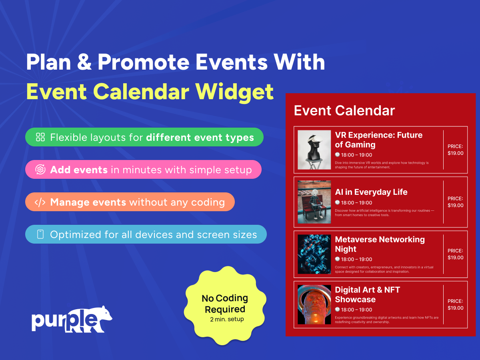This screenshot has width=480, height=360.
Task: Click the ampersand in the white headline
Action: pos(84,62)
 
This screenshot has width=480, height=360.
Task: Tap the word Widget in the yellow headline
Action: pos(234,92)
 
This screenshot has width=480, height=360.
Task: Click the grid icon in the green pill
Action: pos(40,137)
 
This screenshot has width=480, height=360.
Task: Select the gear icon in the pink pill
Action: pos(40,169)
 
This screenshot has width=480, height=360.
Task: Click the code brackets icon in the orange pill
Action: pos(40,202)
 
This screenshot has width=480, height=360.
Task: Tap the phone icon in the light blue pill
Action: pos(40,234)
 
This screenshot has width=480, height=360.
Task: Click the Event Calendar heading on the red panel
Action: pos(344,110)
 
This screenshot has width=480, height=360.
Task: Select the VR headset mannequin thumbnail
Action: pos(314,150)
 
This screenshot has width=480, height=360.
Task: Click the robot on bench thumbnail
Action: pos(314,202)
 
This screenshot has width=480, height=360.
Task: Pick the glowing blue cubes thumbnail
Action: pos(314,254)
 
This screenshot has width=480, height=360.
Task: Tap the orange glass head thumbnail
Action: pos(314,304)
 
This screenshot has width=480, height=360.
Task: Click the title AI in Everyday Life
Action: pos(371,192)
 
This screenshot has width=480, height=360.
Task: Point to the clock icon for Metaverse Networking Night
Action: pos(338,259)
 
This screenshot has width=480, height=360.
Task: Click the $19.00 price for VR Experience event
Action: pos(456,153)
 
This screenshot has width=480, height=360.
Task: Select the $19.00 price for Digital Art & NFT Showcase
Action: pos(456,308)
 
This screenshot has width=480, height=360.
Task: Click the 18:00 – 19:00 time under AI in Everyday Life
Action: pos(356,203)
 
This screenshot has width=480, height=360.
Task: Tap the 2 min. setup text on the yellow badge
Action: pos(227,319)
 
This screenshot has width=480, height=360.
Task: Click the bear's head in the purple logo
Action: pos(104,314)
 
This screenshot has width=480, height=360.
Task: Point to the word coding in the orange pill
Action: pos(208,202)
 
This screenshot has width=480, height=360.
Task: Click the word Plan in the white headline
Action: pos(48,62)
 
